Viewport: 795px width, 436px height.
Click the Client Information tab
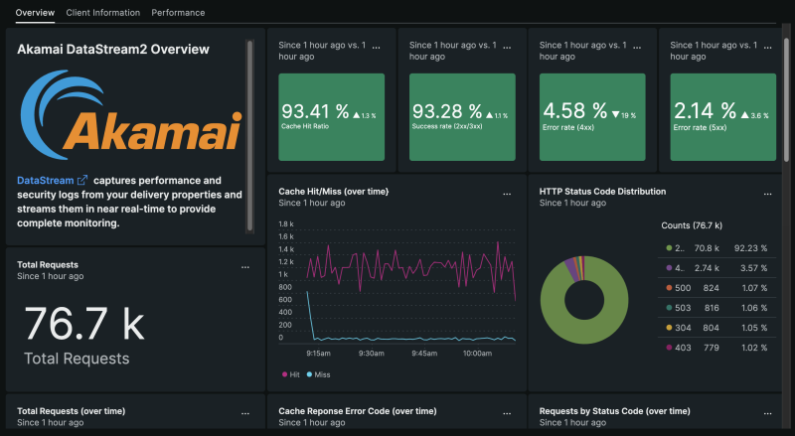(x=102, y=13)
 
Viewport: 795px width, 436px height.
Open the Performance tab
(x=178, y=13)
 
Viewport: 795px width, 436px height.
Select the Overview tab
(x=35, y=13)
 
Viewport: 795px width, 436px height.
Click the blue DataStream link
(x=46, y=181)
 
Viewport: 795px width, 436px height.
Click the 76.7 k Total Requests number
(x=83, y=324)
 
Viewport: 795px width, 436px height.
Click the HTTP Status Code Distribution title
(x=602, y=191)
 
